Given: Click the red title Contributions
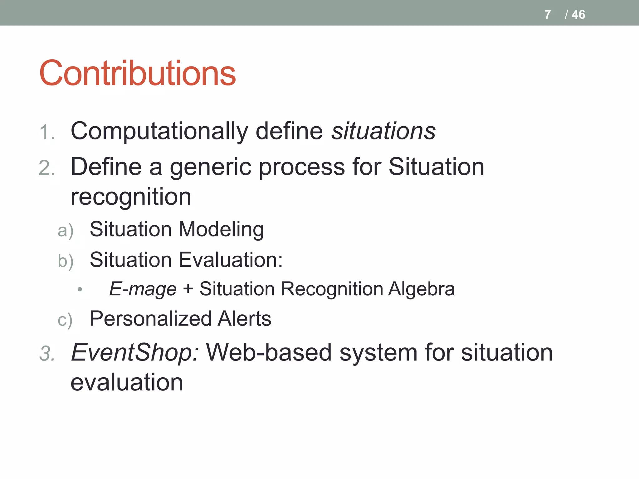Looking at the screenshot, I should [137, 73].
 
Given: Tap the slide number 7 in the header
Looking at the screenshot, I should [547, 15].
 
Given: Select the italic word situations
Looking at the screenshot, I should [383, 131].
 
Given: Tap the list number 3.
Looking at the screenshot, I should [47, 354].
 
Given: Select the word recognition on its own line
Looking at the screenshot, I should [131, 197].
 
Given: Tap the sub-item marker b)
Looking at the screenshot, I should [66, 261].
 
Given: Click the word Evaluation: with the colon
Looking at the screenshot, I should [231, 260].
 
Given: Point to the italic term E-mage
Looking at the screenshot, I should [143, 289].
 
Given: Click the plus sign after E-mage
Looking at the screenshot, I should [188, 288].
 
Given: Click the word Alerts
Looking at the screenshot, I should [244, 319].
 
